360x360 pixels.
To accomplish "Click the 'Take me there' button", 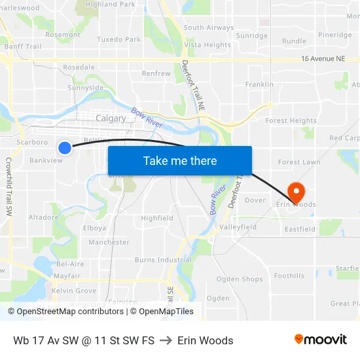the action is (180, 160).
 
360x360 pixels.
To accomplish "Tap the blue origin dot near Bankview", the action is (65, 148).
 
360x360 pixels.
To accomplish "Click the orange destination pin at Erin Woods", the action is (297, 192).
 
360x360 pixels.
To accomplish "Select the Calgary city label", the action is (110, 118).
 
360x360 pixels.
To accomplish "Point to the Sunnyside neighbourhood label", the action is (86, 87).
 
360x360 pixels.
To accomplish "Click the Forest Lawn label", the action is (298, 162).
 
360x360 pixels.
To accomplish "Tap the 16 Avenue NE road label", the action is (323, 59).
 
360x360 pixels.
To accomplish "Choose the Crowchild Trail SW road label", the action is (9, 187).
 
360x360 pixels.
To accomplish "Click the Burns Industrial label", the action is (163, 260).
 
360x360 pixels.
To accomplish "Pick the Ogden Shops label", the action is (240, 279).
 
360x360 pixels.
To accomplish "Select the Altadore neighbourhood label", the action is (43, 217).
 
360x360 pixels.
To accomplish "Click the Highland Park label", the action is (110, 5).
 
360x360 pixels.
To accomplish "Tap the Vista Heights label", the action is (207, 45).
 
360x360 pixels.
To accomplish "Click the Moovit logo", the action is (320, 339).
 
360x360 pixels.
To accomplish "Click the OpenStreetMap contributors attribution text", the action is (65, 312).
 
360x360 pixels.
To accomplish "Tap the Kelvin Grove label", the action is (74, 291).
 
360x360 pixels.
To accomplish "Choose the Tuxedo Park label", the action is (118, 39).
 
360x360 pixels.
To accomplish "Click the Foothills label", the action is (289, 276).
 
